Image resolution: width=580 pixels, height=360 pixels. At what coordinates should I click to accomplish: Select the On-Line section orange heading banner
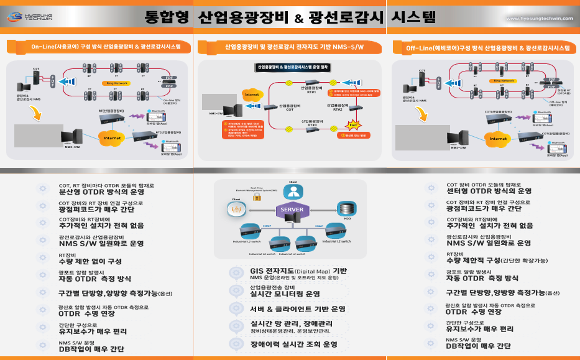99,47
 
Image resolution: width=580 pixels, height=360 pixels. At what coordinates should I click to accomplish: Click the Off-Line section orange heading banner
483,48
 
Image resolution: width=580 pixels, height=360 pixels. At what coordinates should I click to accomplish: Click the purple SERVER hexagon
292,210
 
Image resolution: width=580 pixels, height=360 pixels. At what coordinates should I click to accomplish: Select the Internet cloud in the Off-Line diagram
499,138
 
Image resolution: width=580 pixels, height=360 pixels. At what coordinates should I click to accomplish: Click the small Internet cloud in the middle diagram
251,95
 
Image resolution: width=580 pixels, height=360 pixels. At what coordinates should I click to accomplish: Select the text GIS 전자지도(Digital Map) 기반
298,271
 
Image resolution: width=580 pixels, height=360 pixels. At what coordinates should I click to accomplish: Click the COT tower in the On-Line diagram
37,77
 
